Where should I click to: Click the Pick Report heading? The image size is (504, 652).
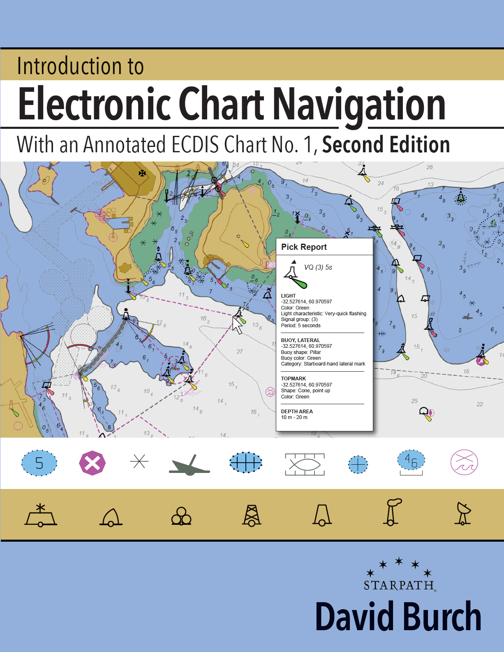coord(304,247)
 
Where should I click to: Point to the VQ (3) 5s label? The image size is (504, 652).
coord(318,267)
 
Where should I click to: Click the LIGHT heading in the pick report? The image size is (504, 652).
coord(288,296)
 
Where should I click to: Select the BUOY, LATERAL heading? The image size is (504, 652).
coord(300,340)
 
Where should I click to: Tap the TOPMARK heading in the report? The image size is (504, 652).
coord(293,378)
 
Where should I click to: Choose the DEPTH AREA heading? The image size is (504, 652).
coord(297,411)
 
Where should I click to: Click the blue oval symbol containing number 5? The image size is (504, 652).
coord(39,463)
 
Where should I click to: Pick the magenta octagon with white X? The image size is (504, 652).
coord(92,463)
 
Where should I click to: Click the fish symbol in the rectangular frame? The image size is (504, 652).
coord(305,464)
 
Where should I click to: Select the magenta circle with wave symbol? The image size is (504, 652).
coord(464,462)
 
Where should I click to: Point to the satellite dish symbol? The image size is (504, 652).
coord(463,513)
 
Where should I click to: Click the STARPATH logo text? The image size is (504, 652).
coord(399,585)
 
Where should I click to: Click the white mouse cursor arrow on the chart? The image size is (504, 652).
coord(237,325)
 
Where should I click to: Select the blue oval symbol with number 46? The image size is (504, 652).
coord(411,461)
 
